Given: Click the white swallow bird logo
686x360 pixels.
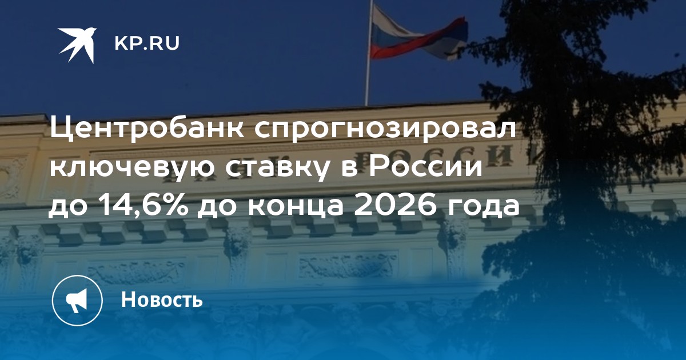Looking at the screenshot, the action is point(77,45).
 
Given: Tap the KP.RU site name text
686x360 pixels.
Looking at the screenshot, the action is point(147,43).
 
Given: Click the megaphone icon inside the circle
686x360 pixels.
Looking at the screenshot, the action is point(77,301).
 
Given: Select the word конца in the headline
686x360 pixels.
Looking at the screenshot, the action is point(296,207).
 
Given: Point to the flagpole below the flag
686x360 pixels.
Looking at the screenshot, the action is point(368,82).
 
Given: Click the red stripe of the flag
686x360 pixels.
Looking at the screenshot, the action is point(420,41).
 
